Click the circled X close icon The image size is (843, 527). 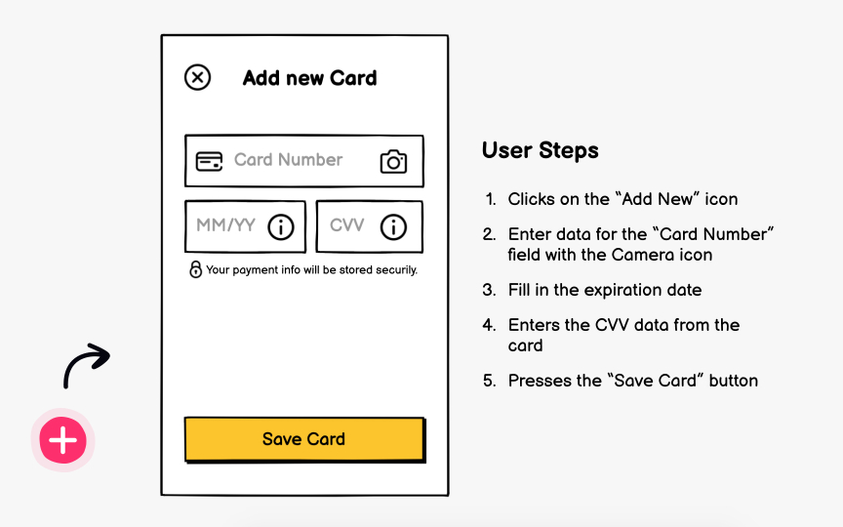(197, 77)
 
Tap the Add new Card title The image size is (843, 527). (309, 78)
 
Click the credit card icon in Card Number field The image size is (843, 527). (209, 161)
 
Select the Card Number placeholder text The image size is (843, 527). (288, 160)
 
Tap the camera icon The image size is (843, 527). (393, 162)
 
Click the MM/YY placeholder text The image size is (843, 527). (225, 225)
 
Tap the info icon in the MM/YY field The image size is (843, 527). (281, 227)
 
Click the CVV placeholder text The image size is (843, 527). (346, 225)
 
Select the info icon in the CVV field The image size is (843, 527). (393, 227)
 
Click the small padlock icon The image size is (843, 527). (195, 269)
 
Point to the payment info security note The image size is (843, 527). (311, 270)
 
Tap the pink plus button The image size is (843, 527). (62, 441)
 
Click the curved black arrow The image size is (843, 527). (87, 364)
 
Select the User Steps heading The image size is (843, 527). (540, 150)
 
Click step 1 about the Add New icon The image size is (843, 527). (622, 199)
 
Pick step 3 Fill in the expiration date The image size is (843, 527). (604, 290)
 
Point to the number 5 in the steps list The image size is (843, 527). (489, 381)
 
